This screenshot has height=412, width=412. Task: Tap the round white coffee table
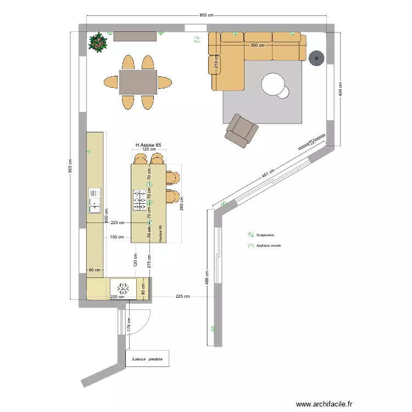(274, 85)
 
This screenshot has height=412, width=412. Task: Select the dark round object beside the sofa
(316, 58)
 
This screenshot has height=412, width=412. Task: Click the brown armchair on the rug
(241, 131)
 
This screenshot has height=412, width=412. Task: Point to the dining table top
(138, 82)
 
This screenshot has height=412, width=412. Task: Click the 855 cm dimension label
(206, 15)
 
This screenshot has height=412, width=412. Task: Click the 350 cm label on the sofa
(258, 46)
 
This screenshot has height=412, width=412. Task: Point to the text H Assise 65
(148, 145)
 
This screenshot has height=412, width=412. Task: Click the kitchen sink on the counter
(94, 199)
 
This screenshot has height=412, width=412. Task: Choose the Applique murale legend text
(268, 246)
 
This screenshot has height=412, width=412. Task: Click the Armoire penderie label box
(147, 359)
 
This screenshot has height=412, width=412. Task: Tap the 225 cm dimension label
(183, 297)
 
